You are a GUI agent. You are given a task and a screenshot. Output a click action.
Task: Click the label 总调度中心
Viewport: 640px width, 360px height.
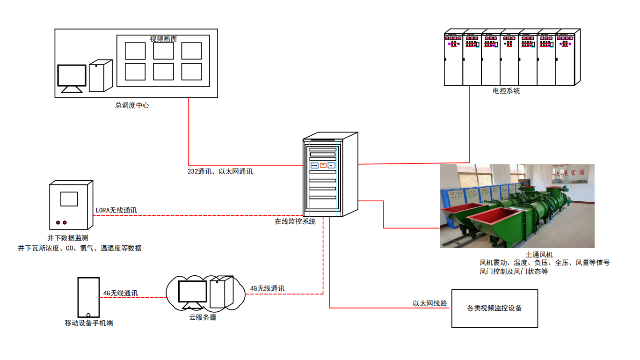point(132,106)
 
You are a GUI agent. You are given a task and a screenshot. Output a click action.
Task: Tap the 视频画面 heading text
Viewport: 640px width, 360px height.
point(163,39)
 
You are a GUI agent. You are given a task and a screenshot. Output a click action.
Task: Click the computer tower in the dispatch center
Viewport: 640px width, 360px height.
point(100,76)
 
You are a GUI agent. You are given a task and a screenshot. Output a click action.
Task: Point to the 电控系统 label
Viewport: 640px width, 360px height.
point(506,91)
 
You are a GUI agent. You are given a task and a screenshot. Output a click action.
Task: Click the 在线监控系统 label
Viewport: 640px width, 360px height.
point(295,221)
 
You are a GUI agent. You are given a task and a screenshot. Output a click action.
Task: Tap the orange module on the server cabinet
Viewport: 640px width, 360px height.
point(323,165)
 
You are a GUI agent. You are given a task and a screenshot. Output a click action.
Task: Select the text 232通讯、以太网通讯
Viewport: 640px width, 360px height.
point(220,171)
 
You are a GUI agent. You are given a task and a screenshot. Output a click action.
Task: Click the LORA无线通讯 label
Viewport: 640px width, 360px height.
point(116,210)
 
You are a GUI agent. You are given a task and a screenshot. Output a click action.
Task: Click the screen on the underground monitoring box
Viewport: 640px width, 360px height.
point(69,198)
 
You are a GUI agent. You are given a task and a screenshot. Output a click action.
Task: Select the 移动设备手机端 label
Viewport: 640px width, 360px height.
point(89,323)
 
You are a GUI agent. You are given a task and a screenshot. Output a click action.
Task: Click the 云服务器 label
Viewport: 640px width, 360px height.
point(203,317)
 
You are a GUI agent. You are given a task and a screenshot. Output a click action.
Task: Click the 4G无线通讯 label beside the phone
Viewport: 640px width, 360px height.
point(121,293)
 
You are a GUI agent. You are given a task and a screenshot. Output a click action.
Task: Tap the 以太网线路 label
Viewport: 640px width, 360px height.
point(430,303)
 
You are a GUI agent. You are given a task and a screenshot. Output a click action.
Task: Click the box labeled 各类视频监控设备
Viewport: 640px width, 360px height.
point(495,309)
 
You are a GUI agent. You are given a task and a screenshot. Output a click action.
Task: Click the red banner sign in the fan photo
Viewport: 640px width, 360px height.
point(568,172)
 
